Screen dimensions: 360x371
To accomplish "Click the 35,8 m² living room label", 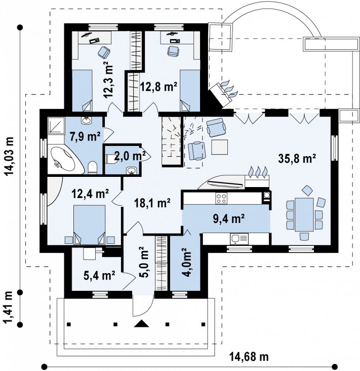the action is [297, 158].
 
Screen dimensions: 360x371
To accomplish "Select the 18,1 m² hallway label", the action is [152, 203].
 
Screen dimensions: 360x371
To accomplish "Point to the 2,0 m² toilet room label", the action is [130, 156].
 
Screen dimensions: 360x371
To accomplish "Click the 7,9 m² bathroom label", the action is [85, 136].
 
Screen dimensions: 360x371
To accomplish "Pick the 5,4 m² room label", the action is [99, 275].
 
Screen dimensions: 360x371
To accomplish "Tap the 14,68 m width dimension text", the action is [249, 356].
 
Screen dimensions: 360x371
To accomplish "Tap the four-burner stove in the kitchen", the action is [221, 198].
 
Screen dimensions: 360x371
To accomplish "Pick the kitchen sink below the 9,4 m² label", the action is [239, 239].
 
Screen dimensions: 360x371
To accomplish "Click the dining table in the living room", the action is [304, 214].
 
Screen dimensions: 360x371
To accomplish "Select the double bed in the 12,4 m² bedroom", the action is [89, 225].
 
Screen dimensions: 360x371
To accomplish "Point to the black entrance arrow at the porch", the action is [141, 324].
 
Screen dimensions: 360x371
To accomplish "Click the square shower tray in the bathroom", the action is [56, 126].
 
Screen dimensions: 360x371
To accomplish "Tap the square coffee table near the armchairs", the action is [220, 147].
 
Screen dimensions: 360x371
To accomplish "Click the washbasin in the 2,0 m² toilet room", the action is [131, 171].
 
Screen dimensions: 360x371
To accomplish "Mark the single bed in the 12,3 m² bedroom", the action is [82, 90].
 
